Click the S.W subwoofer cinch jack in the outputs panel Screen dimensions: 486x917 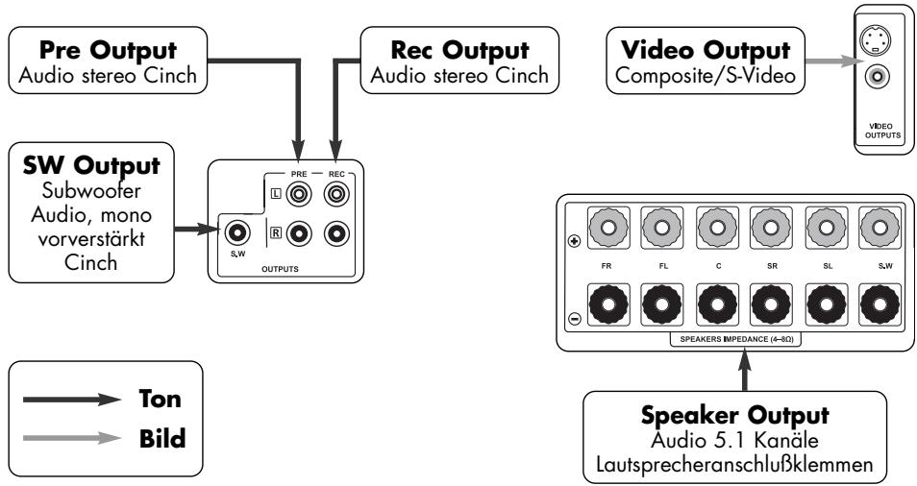tap(235, 231)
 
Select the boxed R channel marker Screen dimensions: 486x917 tap(277, 232)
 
